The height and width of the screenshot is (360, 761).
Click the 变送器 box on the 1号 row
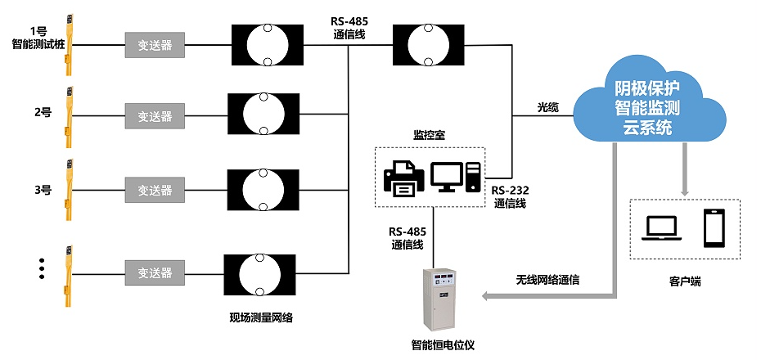tap(155, 45)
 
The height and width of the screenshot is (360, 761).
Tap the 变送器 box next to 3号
tap(155, 190)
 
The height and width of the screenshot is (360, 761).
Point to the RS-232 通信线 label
tap(510, 196)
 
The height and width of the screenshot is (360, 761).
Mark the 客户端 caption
tap(684, 281)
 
